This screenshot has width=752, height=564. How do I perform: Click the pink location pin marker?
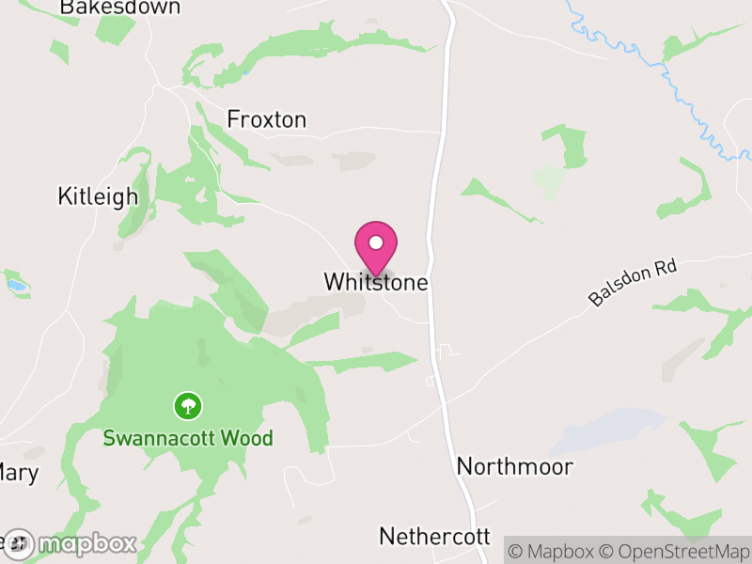(x=376, y=247)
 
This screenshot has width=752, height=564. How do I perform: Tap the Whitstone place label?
(x=376, y=282)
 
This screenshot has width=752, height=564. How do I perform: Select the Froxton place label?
(x=267, y=119)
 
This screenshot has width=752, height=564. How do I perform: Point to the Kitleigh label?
(x=98, y=196)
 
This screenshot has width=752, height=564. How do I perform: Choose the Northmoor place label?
(x=514, y=466)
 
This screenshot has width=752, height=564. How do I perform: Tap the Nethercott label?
(x=434, y=537)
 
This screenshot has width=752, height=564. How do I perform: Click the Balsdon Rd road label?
(x=633, y=283)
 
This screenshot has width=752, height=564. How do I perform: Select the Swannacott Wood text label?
(x=188, y=438)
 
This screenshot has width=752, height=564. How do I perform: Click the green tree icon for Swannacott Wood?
(x=188, y=406)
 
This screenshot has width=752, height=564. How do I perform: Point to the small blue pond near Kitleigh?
(x=17, y=283)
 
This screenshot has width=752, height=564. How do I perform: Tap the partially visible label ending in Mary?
(x=19, y=472)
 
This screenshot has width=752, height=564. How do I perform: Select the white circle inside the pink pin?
(x=376, y=243)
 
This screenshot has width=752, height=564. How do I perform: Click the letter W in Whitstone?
(x=333, y=282)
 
